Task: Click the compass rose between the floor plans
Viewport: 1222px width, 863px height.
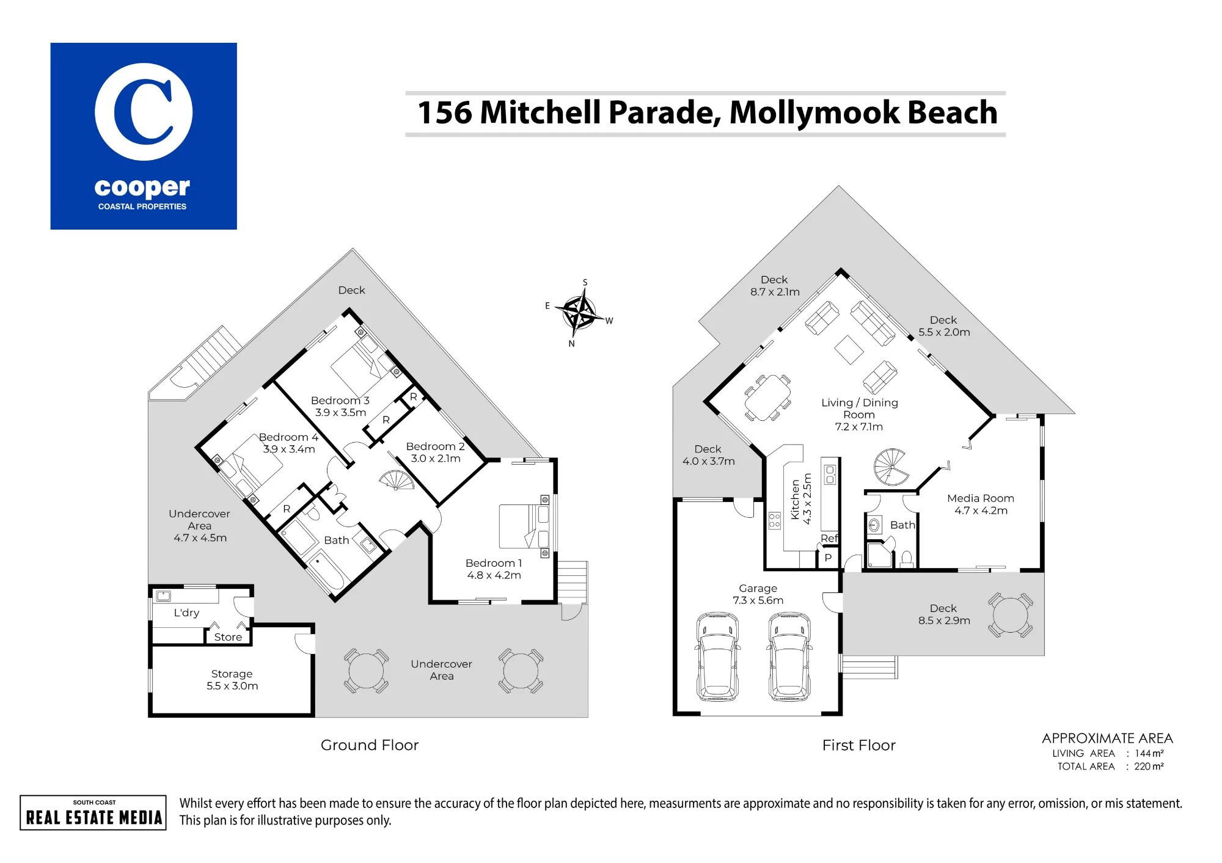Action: [x=579, y=313]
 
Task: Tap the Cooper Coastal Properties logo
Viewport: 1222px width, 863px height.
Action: [x=144, y=136]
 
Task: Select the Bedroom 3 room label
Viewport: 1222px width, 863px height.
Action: [x=340, y=406]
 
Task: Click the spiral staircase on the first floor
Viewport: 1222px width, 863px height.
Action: [x=891, y=467]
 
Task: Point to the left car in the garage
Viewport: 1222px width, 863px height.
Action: [x=718, y=657]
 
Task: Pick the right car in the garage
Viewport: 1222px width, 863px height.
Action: [x=790, y=657]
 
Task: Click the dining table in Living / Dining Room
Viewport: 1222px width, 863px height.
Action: [x=768, y=398]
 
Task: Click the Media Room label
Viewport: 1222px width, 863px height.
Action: [x=981, y=504]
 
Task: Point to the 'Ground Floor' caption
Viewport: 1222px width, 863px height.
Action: [x=370, y=745]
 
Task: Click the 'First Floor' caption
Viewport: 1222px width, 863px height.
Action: [x=859, y=745]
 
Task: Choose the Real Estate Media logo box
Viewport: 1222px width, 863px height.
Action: [x=93, y=812]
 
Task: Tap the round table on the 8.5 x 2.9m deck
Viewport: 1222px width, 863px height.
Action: [x=1011, y=615]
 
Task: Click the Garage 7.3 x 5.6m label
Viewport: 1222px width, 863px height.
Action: [x=758, y=594]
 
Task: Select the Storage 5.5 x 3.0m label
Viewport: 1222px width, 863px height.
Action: [x=232, y=680]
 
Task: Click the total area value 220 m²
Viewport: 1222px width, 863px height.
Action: [x=1149, y=767]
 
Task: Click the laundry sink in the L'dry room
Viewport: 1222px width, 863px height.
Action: [x=163, y=596]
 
